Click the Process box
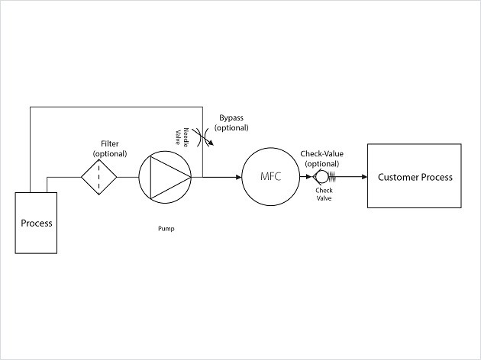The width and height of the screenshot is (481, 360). click(36, 223)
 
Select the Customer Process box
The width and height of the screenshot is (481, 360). click(415, 177)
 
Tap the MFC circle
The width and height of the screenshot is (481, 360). click(271, 178)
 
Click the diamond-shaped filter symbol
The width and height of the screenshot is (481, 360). click(99, 178)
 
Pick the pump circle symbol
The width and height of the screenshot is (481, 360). click(166, 178)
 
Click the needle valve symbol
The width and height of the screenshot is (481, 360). click(202, 137)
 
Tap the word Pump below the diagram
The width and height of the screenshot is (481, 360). click(166, 228)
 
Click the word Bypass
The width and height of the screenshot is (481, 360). click(232, 118)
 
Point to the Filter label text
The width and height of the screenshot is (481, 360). click(110, 144)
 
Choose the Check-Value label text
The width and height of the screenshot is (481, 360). click(321, 154)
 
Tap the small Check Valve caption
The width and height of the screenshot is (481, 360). click(324, 195)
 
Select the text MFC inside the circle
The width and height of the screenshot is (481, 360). click(271, 178)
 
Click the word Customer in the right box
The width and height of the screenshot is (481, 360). click(397, 177)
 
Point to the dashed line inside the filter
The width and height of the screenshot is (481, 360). click(99, 178)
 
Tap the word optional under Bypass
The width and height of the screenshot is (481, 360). click(232, 128)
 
